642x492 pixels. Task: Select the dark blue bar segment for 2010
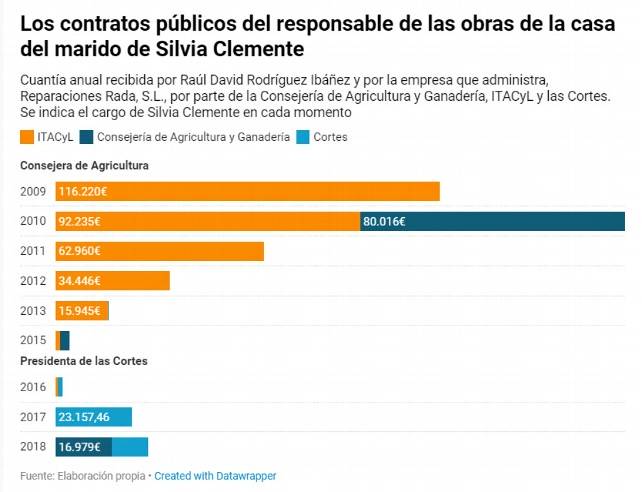point(492,221)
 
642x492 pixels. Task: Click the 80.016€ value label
point(385,221)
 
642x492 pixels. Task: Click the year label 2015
point(32,341)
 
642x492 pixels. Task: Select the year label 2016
point(32,387)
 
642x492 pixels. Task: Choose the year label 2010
point(32,221)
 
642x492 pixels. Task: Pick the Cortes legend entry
point(321,137)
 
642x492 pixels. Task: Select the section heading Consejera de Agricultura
point(84,165)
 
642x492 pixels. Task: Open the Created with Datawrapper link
point(215,476)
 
